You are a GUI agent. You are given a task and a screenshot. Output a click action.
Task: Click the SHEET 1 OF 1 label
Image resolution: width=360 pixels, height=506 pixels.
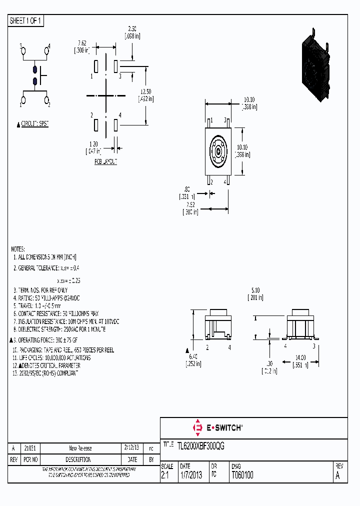coord(26,21)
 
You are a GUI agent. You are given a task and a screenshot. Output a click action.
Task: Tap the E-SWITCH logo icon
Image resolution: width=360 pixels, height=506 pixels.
coord(196,428)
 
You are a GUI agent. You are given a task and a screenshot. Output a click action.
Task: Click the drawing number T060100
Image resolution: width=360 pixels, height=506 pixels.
coord(242,475)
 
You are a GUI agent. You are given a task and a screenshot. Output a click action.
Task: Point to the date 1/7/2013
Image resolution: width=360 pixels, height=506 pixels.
coord(190,475)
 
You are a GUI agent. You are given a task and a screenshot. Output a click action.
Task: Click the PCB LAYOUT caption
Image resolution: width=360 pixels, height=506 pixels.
coord(105,162)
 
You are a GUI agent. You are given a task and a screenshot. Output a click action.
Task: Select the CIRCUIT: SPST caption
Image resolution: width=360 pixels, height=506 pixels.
coord(34,123)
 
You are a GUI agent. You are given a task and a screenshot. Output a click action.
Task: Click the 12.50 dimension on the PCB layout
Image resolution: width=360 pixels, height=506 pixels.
coord(145,91)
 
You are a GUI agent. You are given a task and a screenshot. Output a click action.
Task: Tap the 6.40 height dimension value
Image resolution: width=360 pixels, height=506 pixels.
coord(194,356)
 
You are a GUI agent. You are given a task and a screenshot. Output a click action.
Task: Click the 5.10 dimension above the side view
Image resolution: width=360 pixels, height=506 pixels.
coord(255,289)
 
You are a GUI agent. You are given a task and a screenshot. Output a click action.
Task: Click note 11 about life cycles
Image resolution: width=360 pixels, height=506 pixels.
coord(51,358)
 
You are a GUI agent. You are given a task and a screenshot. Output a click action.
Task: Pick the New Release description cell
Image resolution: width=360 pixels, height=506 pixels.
coord(80,448)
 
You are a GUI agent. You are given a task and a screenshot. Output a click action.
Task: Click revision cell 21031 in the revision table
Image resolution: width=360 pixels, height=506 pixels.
coord(30,448)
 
